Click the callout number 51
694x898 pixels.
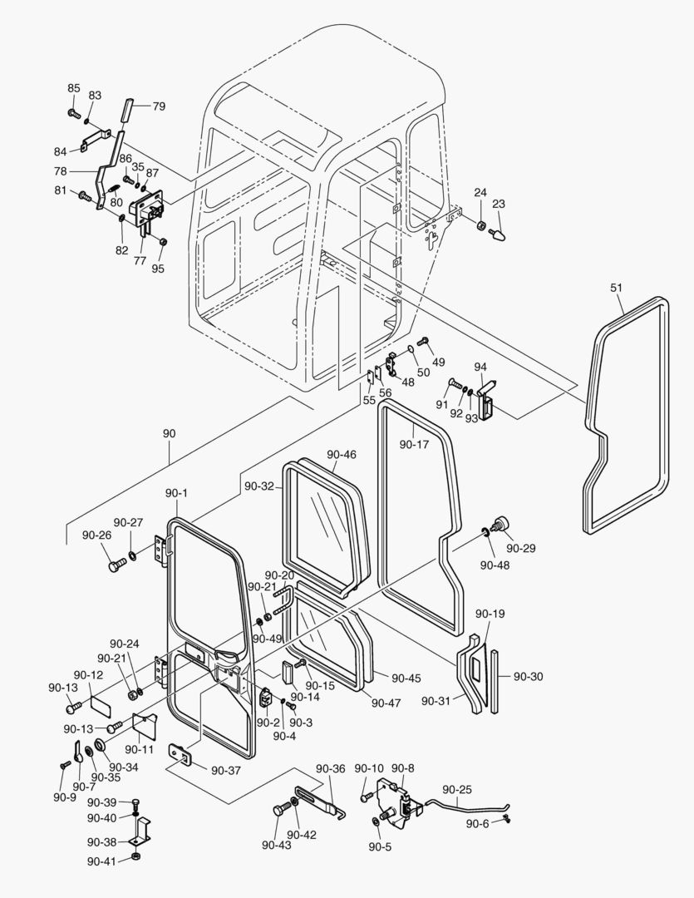(x=616, y=288)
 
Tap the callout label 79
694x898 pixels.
(x=158, y=106)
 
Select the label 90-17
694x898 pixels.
(x=414, y=445)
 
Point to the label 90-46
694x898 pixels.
(x=342, y=455)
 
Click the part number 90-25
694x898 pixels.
(x=457, y=789)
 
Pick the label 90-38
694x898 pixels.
(x=102, y=841)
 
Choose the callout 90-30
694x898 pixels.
(x=528, y=677)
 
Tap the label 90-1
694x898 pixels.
(x=176, y=493)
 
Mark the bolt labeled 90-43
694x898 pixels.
(x=278, y=811)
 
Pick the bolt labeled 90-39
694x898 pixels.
(x=135, y=803)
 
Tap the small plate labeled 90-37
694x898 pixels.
(x=180, y=754)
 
